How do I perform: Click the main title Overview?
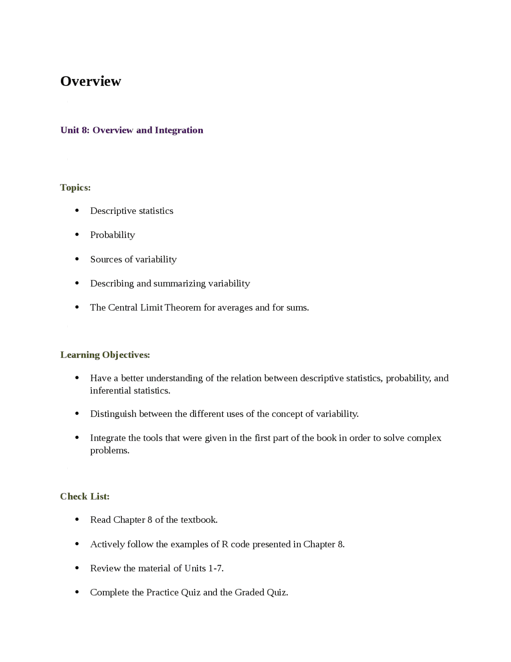[91, 81]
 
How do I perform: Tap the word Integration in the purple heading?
[179, 130]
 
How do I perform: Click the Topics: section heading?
[75, 187]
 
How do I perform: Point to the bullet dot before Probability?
[77, 235]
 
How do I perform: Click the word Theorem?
[182, 307]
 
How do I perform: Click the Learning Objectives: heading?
[105, 355]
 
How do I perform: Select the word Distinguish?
[113, 414]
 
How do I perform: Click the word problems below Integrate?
[109, 451]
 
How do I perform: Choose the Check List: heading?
[85, 496]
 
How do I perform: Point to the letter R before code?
[225, 544]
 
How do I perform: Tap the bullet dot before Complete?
[77, 592]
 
